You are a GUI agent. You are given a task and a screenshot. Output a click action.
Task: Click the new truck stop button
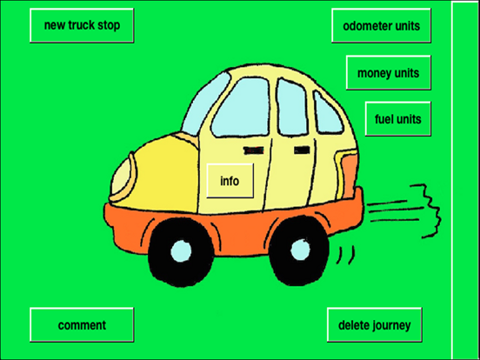82,25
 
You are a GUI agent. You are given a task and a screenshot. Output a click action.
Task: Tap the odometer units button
381,25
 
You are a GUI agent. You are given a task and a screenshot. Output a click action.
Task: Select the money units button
389,72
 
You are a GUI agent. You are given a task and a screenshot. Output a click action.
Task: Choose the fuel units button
398,118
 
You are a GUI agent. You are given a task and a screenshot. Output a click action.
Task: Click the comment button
82,324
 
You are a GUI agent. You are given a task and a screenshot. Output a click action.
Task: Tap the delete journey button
375,324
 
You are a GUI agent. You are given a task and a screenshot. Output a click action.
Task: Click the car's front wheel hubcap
181,251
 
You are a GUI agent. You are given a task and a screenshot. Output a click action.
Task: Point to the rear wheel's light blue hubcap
300,250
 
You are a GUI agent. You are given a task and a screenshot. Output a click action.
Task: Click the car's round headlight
122,177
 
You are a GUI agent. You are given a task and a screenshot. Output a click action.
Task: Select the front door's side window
241,107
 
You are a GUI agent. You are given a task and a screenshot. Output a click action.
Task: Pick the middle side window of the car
291,107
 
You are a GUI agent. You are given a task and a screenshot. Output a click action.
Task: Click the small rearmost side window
327,113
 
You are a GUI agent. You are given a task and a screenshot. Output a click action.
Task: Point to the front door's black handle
253,150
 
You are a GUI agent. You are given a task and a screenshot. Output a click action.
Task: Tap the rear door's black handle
302,150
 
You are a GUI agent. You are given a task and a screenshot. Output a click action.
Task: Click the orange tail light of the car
349,175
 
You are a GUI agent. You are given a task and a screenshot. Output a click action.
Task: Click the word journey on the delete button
392,325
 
